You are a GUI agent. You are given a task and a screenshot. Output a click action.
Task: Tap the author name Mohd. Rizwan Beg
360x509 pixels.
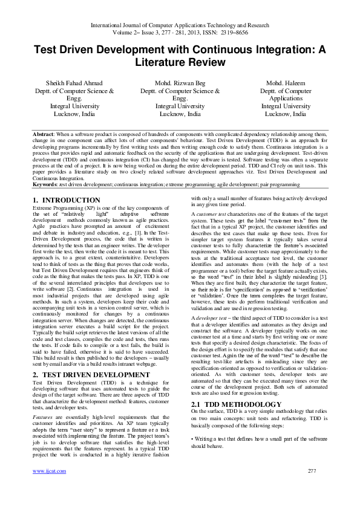click(180, 83)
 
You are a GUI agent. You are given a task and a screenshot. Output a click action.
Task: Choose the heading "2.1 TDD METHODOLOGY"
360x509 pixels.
click(228, 385)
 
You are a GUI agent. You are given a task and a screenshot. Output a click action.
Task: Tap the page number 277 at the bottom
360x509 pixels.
click(312, 487)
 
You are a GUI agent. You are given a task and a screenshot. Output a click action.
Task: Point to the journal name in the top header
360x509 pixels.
click(180, 26)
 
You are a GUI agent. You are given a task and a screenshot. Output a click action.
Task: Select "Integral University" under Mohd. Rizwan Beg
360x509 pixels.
click(180, 106)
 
